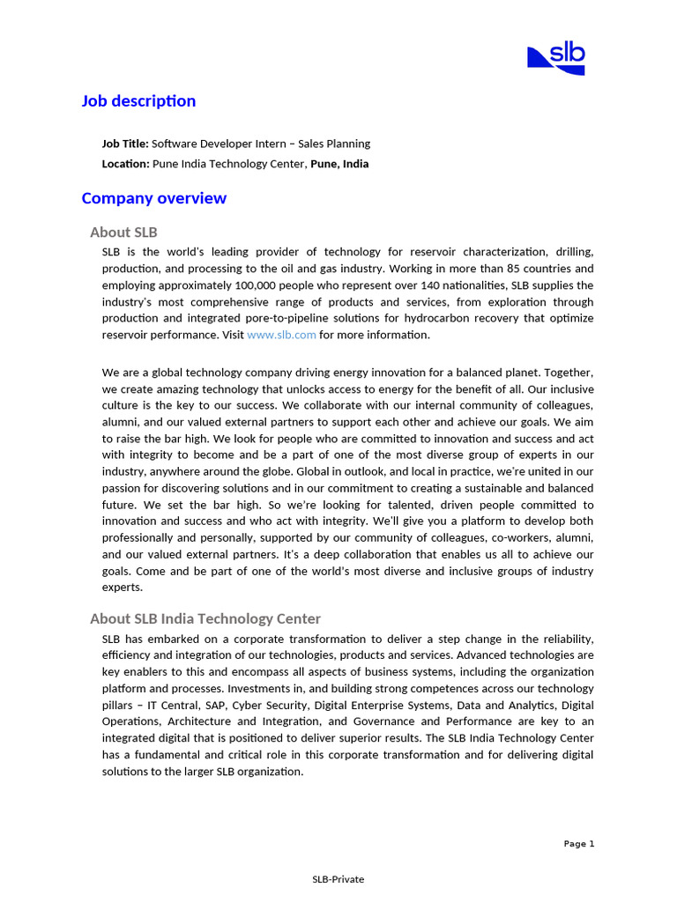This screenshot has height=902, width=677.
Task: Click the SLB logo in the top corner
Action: [556, 58]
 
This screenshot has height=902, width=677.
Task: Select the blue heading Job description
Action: [138, 101]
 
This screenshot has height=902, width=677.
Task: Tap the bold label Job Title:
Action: [125, 144]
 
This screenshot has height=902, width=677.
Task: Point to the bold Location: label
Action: [126, 164]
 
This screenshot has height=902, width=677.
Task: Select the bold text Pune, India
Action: [339, 164]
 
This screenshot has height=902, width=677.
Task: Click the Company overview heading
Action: [153, 198]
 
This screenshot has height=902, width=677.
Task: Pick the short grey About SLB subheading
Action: [123, 233]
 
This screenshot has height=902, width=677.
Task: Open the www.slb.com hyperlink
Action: [281, 335]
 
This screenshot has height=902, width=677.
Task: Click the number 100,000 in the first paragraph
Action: [256, 285]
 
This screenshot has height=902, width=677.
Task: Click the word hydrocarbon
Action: [461, 318]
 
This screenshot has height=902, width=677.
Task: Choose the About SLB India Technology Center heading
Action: [205, 618]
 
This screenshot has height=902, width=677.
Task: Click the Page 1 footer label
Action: [579, 844]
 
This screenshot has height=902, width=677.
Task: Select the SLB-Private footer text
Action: [338, 879]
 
